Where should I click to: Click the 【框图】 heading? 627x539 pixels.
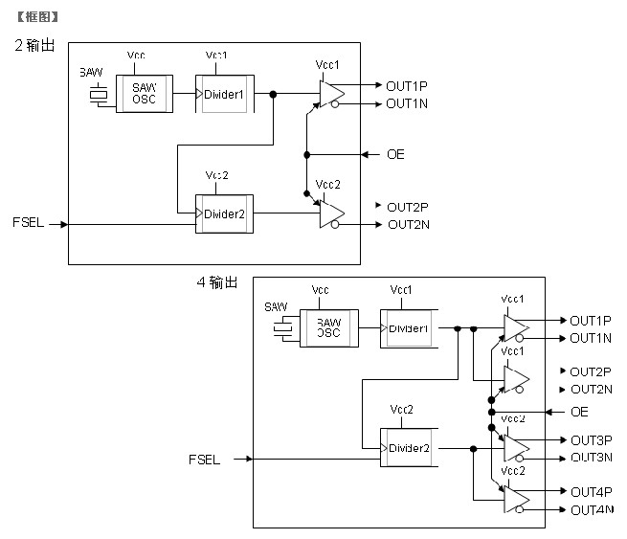(x=36, y=16)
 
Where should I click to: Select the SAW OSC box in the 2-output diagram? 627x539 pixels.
(x=145, y=94)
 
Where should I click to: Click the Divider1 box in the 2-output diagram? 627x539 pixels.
(x=225, y=94)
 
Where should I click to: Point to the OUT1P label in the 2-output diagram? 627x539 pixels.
(x=407, y=86)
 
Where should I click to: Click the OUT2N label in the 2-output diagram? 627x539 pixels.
(x=408, y=225)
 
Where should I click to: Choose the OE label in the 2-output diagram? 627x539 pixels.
(x=394, y=154)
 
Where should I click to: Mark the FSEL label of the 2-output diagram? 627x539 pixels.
(x=29, y=224)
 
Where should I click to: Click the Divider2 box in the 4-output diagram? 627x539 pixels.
(x=409, y=448)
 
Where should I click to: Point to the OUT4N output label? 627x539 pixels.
(x=591, y=509)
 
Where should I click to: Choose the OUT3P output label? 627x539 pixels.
(x=591, y=440)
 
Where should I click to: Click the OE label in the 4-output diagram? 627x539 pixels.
(x=579, y=412)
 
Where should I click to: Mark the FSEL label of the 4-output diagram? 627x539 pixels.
(x=204, y=460)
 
